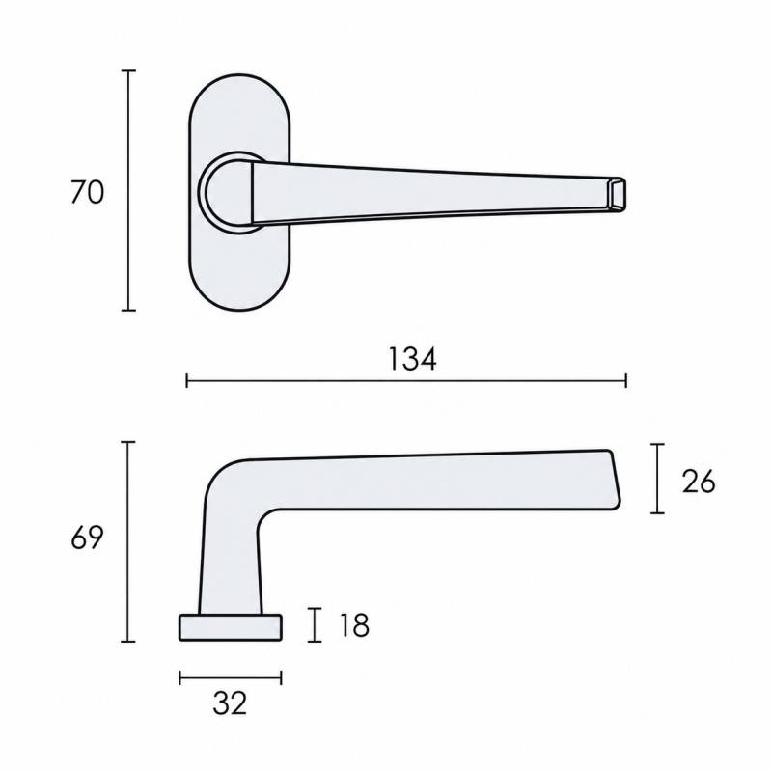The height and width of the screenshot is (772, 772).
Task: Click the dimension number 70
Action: pos(88,192)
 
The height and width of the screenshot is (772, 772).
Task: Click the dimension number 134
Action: pos(413,359)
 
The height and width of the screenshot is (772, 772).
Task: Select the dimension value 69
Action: pos(87,538)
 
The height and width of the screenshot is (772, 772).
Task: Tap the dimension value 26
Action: pos(699,481)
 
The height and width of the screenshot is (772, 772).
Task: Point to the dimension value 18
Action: pos(354,625)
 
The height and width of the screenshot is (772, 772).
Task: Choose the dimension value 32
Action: pos(230,703)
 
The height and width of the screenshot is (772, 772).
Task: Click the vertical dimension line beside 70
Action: pos(128,190)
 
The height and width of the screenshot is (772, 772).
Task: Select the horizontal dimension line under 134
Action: pos(406,380)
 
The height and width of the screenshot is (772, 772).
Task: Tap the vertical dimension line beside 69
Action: pos(128,541)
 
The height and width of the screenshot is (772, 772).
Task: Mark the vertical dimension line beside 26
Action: pos(657,479)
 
